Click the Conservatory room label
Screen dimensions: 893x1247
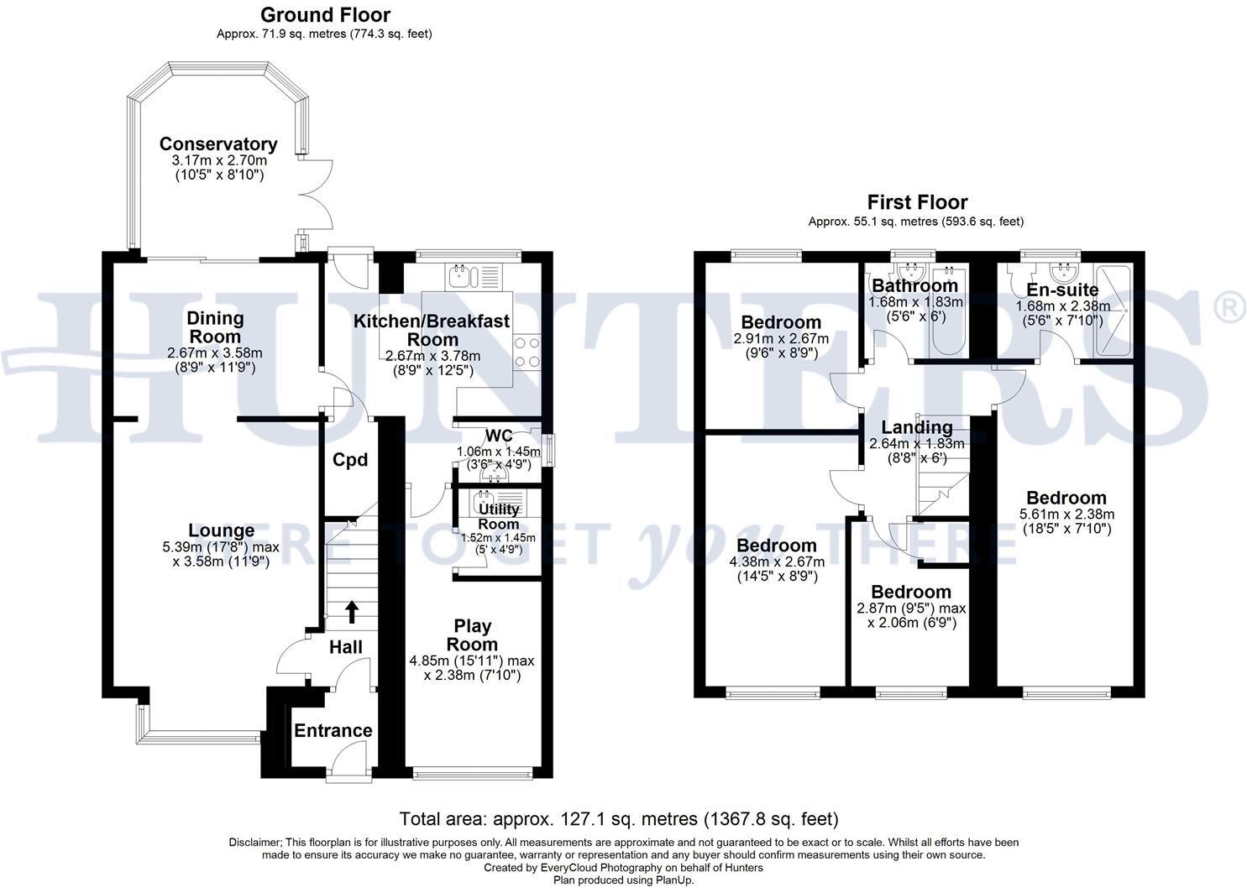[218, 144]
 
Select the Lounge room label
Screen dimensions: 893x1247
[221, 530]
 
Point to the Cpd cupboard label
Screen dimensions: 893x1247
[350, 460]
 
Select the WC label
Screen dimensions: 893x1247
[499, 436]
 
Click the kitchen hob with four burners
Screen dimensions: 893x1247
[527, 352]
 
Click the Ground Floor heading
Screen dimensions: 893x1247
[325, 14]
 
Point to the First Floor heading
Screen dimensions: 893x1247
[917, 202]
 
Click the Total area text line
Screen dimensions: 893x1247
[619, 818]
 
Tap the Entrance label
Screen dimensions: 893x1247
[333, 730]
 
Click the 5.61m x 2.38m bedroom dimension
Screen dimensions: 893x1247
[1066, 514]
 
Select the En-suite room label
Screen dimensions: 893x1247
[1062, 290]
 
